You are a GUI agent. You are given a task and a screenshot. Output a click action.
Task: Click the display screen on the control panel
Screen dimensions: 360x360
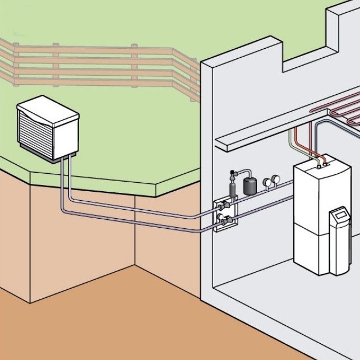click(340, 215)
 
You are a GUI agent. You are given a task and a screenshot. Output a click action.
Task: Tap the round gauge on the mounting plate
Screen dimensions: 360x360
click(220, 216)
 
